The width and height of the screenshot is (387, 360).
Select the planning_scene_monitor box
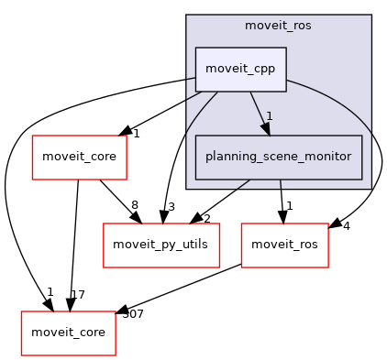279,157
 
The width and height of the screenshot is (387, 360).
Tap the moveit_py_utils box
161,245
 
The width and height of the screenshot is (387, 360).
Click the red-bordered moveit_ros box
285,245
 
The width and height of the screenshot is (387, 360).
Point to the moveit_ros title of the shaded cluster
278,26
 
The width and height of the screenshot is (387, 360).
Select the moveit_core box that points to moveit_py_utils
79,157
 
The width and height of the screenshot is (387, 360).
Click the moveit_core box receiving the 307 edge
69,333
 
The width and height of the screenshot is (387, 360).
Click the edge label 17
77,295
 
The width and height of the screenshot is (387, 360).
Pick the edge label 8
134,205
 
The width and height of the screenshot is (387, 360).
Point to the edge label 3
170,206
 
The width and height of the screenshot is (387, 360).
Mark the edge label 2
206,219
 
